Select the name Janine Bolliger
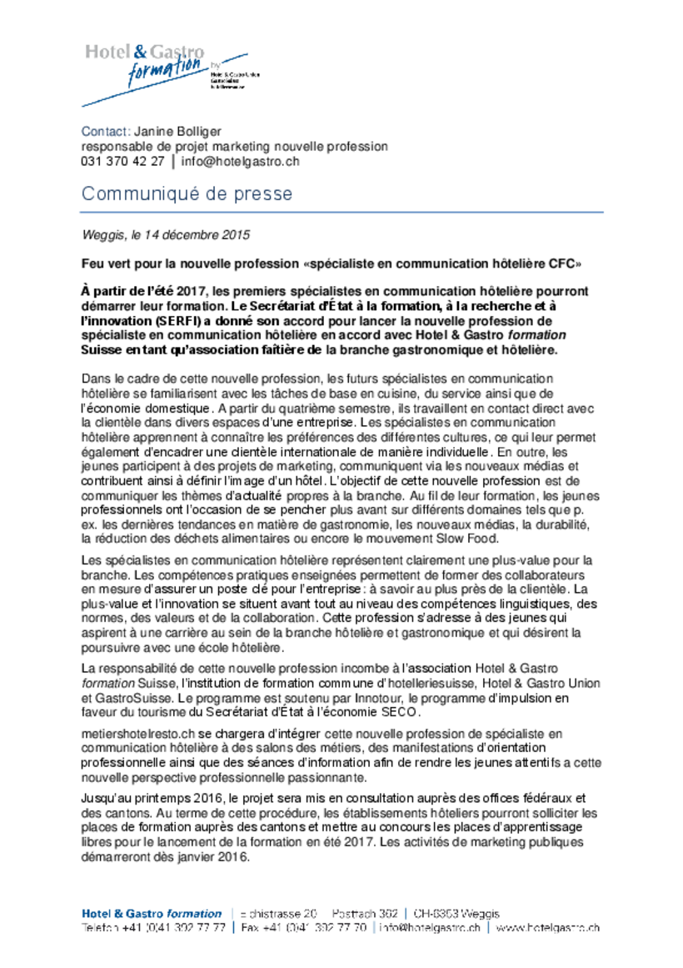pos(177,131)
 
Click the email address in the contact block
pos(240,162)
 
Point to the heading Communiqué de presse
pos(187,194)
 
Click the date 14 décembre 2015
pos(201,236)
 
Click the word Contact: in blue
pos(105,131)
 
